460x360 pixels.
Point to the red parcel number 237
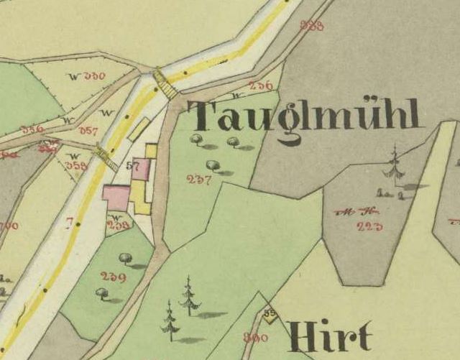pos(198,180)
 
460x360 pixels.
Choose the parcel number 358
pos(76,165)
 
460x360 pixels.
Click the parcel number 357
pos(88,131)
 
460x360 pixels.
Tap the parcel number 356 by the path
pos(32,129)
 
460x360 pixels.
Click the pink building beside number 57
pos(142,170)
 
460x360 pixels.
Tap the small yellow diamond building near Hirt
pos(269,315)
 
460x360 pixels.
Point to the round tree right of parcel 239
pos(124,258)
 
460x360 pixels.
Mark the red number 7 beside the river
pos(69,224)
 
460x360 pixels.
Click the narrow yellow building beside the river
pos(139,129)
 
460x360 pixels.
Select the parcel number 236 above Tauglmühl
pos(260,86)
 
